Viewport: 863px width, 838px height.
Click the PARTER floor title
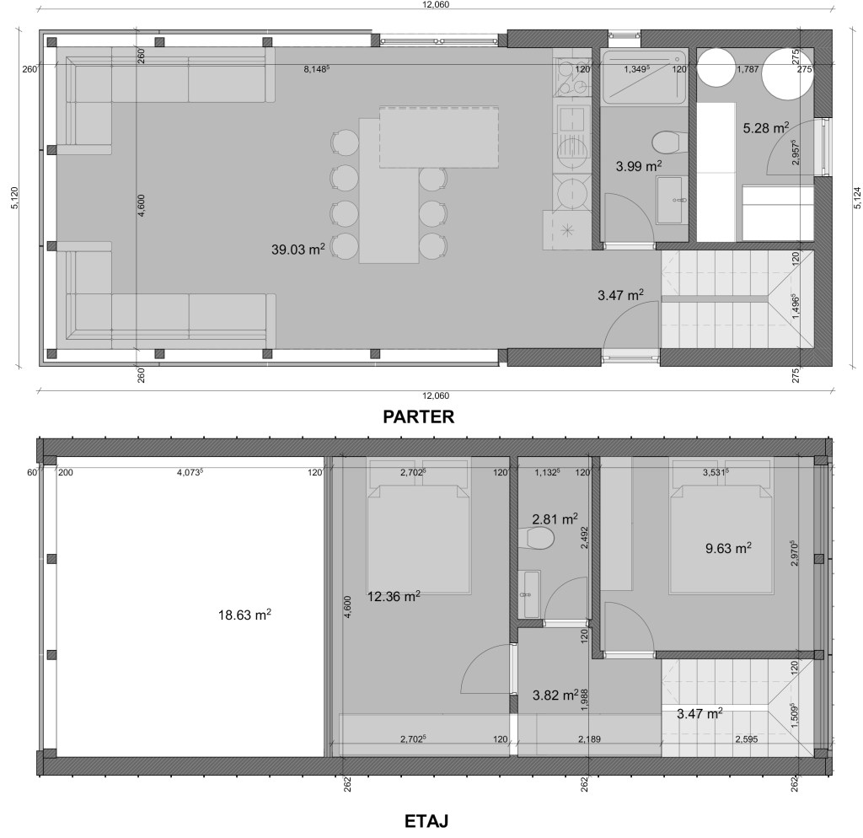click(418, 416)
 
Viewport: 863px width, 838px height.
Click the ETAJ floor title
click(426, 821)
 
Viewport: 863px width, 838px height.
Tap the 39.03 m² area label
click(297, 249)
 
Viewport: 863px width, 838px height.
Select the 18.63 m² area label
click(244, 615)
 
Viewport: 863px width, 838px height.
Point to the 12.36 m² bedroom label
click(394, 596)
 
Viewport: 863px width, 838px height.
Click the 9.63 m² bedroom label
click(728, 548)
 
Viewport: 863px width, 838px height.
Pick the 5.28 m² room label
click(765, 128)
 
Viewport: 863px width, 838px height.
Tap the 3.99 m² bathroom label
click(639, 166)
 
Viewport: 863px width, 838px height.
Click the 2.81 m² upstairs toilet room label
click(555, 518)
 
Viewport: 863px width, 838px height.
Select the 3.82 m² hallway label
click(555, 695)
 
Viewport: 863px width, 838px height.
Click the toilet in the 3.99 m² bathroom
click(668, 142)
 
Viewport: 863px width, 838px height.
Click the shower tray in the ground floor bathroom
click(644, 77)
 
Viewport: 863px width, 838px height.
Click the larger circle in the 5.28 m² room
click(788, 74)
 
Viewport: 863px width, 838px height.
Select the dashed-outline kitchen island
click(439, 137)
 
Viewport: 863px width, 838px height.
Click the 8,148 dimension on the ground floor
click(317, 69)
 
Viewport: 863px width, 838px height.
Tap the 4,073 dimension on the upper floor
click(190, 472)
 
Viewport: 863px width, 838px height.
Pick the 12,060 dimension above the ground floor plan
click(436, 4)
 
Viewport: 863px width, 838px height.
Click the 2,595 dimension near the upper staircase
click(747, 739)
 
